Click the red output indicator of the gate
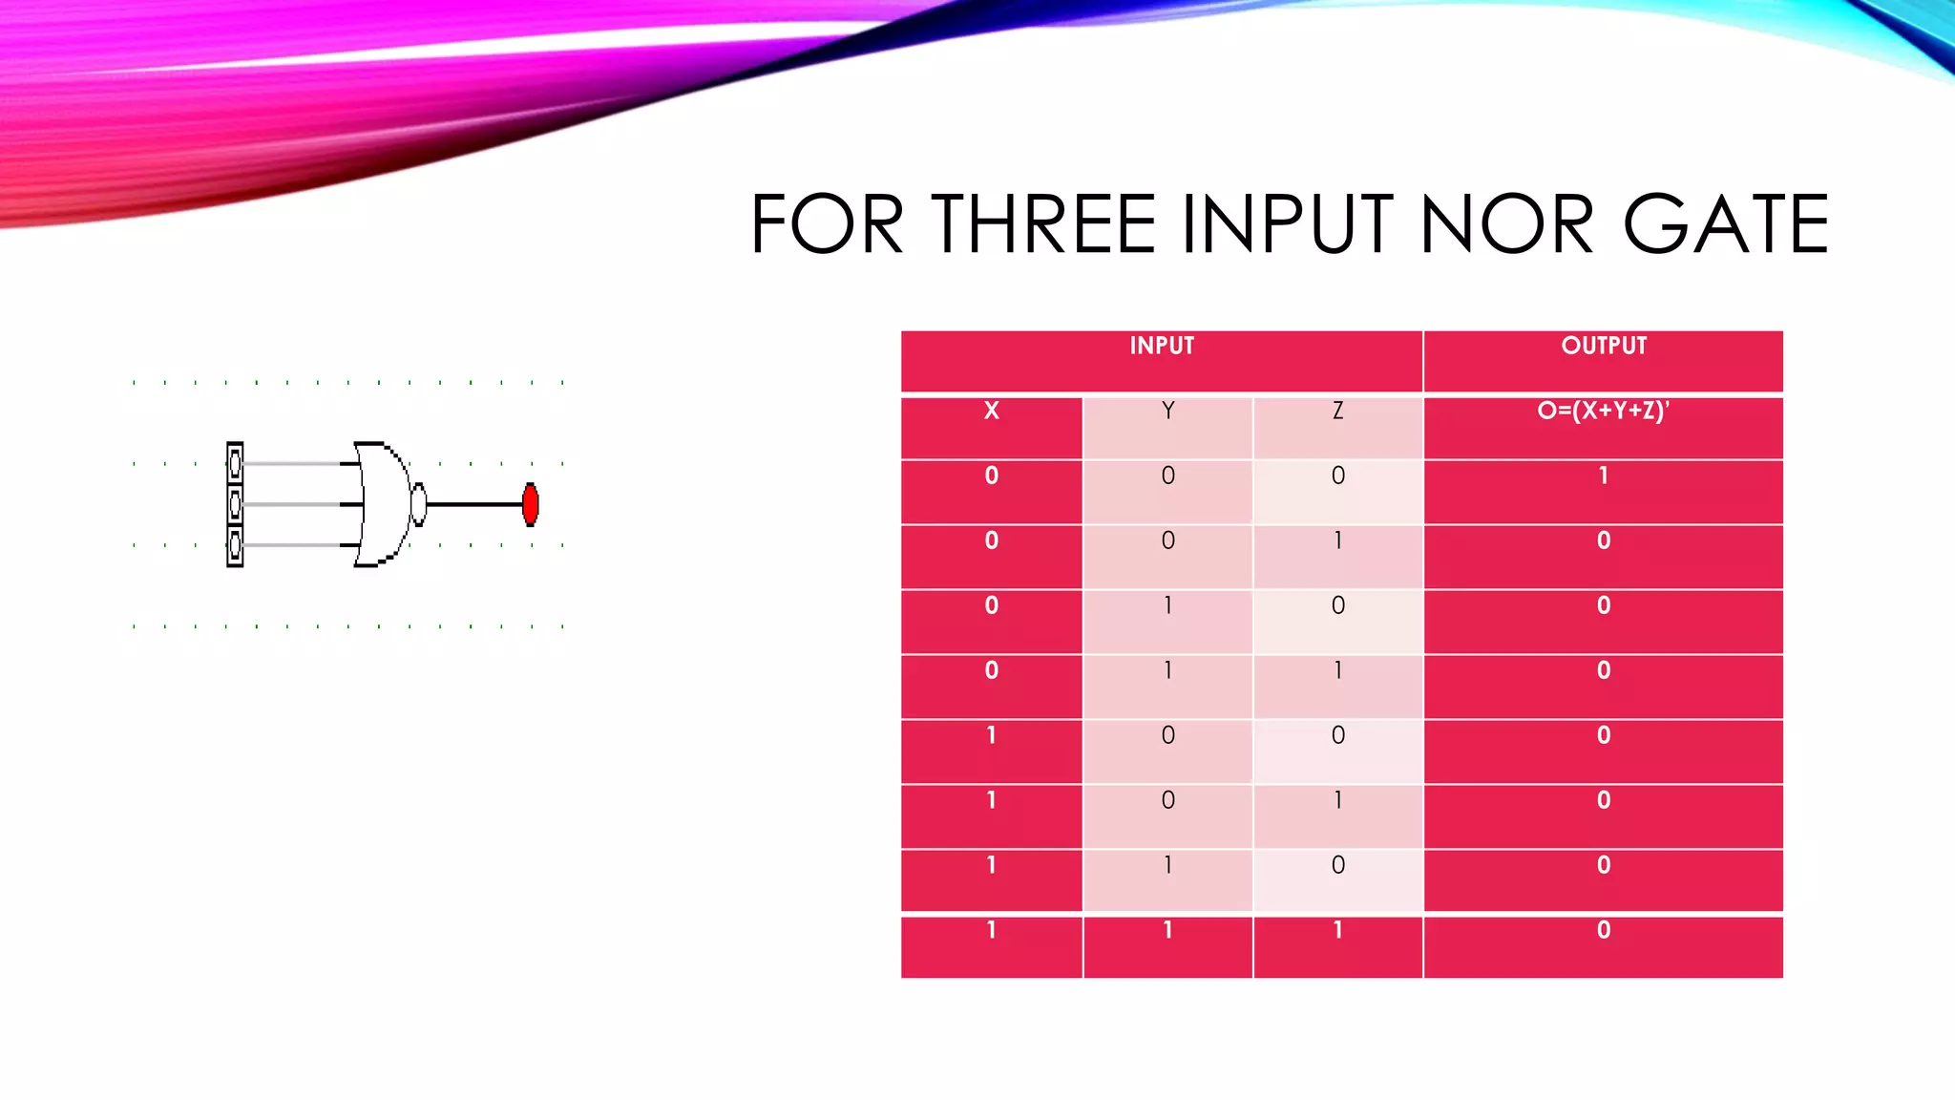pos(531,504)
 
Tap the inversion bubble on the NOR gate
pos(418,504)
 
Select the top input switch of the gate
pos(235,464)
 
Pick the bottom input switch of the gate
pos(235,545)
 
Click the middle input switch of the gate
pos(235,504)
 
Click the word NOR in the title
pos(1506,225)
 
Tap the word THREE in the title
pos(1043,225)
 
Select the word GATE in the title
pos(1726,225)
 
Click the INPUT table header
pos(1162,347)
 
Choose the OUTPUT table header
pos(1604,347)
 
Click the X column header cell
pos(992,412)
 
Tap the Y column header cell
pos(1167,412)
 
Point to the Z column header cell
pos(1337,412)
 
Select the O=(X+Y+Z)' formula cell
pos(1604,412)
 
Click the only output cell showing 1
pos(1604,476)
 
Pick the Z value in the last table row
pos(1337,931)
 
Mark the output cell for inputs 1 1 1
pos(1604,931)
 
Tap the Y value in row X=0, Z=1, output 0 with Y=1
pos(1167,671)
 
